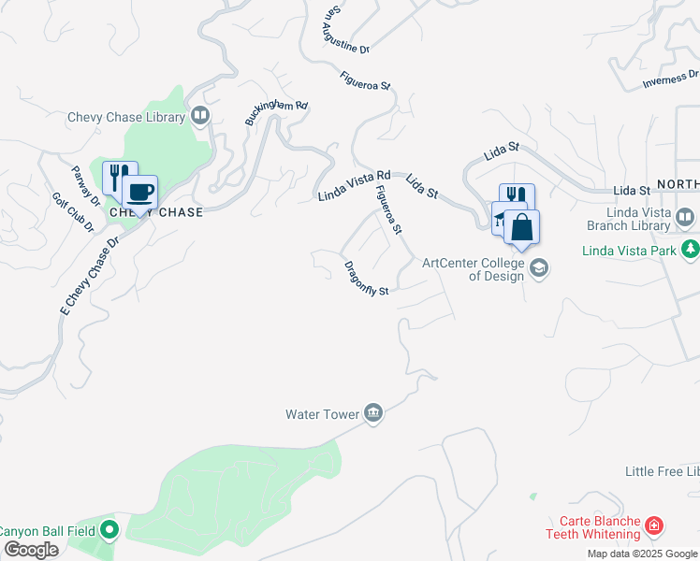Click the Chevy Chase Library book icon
click(199, 116)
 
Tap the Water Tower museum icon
click(373, 413)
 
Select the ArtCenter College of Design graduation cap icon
click(538, 269)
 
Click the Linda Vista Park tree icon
click(690, 249)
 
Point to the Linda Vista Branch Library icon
click(686, 218)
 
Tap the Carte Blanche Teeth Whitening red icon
click(654, 528)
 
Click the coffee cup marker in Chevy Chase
click(139, 194)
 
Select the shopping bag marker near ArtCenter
click(521, 228)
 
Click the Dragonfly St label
click(366, 278)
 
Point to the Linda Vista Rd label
click(354, 185)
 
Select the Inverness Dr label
click(670, 80)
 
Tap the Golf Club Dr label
click(73, 213)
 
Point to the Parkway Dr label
click(87, 186)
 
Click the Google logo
click(30, 549)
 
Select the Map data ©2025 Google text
click(643, 554)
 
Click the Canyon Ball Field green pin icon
click(109, 530)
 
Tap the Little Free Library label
click(663, 472)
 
